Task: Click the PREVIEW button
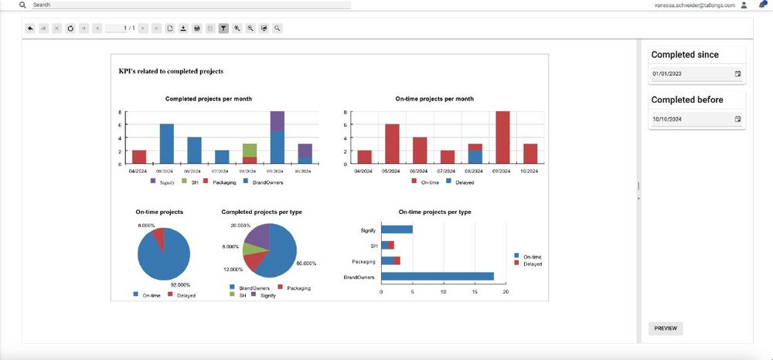point(665,328)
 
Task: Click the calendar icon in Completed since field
point(737,74)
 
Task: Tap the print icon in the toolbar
point(197,29)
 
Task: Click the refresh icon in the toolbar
point(70,29)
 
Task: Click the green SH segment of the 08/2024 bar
point(249,150)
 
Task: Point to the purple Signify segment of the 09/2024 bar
point(277,121)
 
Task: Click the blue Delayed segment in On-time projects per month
point(475,157)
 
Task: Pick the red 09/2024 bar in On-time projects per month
point(502,138)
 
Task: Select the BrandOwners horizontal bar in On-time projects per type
point(438,276)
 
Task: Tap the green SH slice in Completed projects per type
point(250,249)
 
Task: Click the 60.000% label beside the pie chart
point(306,263)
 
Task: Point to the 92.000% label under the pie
point(179,285)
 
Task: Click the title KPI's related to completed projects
point(171,71)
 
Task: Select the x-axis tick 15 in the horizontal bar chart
point(475,292)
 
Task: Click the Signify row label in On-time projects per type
point(369,229)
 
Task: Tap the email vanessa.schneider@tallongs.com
point(694,5)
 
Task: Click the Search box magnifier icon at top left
point(22,5)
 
